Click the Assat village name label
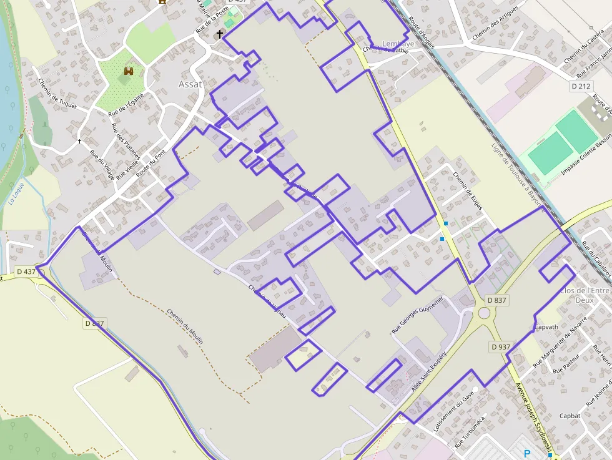pyautogui.click(x=191, y=84)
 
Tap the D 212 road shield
pyautogui.click(x=581, y=86)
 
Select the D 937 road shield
pyautogui.click(x=501, y=346)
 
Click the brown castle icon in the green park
pyautogui.click(x=129, y=72)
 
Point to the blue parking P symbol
pyautogui.click(x=527, y=454)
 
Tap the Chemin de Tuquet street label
pyautogui.click(x=57, y=94)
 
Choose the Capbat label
pyautogui.click(x=570, y=416)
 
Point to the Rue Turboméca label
pyautogui.click(x=470, y=433)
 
